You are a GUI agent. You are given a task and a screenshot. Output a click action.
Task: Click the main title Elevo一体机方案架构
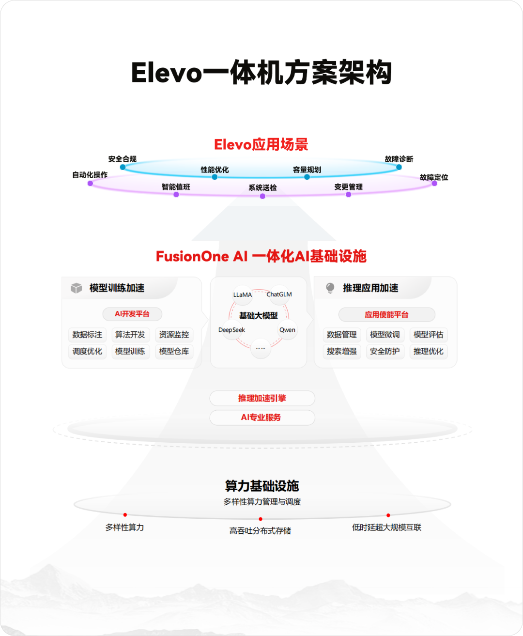click(x=261, y=73)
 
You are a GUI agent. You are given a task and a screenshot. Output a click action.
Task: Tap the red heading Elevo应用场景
click(x=261, y=144)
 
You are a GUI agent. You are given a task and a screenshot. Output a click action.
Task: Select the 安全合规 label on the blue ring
click(x=122, y=159)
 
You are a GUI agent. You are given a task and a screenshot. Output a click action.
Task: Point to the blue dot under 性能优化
click(x=215, y=177)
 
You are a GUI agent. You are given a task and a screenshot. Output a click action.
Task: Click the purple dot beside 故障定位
click(x=434, y=184)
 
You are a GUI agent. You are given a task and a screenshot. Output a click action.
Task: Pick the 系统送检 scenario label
click(x=262, y=187)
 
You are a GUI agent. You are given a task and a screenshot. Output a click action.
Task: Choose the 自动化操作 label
click(x=90, y=175)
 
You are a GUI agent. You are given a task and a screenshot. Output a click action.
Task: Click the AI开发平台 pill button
click(x=132, y=314)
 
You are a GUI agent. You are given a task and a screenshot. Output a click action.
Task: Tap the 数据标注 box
click(x=87, y=335)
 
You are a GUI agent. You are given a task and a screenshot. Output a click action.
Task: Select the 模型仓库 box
click(x=174, y=351)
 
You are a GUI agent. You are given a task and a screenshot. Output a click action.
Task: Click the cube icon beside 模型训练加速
click(x=76, y=288)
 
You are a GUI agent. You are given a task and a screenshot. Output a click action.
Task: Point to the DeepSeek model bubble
click(x=232, y=330)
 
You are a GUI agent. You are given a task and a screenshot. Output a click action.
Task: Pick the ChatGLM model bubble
click(x=279, y=294)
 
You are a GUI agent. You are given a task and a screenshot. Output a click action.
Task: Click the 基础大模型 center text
click(x=259, y=316)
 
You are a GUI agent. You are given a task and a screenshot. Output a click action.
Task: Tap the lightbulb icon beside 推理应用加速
click(x=330, y=288)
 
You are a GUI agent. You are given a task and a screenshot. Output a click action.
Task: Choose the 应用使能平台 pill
click(x=386, y=315)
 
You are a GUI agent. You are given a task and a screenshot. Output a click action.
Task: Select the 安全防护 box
click(x=385, y=351)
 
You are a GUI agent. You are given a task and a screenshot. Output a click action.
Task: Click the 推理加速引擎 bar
click(x=262, y=398)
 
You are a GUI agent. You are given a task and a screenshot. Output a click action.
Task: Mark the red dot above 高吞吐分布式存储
click(x=261, y=519)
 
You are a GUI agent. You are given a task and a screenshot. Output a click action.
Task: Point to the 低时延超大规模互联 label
click(x=386, y=527)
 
